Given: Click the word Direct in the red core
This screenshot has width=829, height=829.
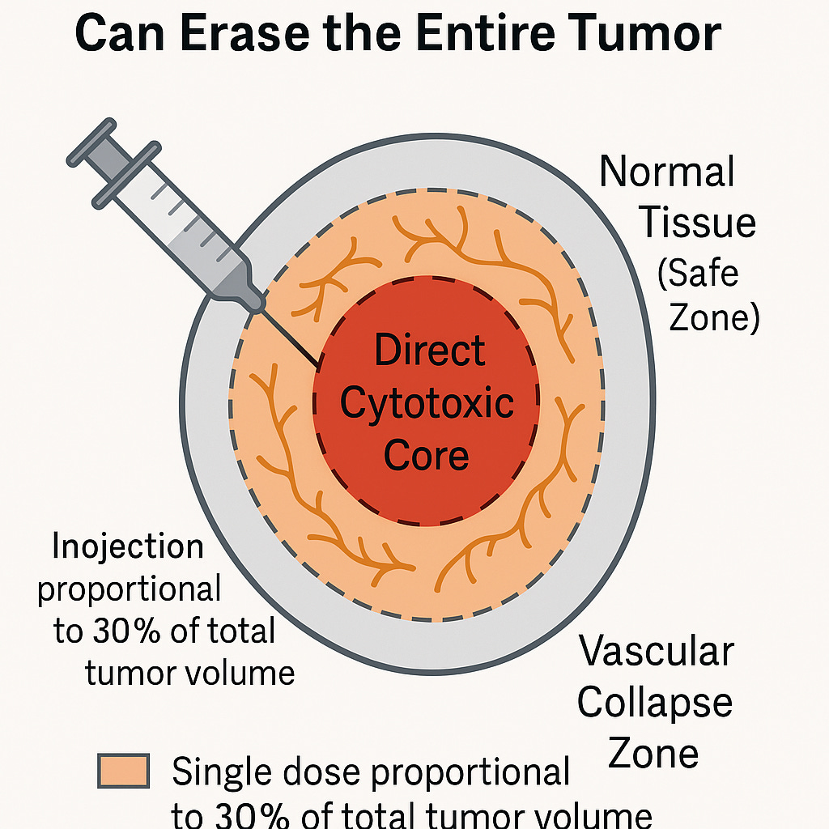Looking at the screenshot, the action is (430, 351).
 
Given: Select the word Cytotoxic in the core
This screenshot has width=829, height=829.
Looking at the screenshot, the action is (427, 402).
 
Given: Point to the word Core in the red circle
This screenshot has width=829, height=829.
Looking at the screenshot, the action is (427, 455).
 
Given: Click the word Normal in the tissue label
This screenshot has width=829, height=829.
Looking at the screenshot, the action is (666, 172).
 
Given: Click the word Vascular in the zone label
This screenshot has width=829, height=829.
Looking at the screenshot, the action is (656, 651).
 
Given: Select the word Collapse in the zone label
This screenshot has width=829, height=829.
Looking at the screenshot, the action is (654, 702).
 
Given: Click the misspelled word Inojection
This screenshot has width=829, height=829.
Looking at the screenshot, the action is (127, 548).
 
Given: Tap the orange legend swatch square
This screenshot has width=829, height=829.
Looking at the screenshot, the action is (123, 771).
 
